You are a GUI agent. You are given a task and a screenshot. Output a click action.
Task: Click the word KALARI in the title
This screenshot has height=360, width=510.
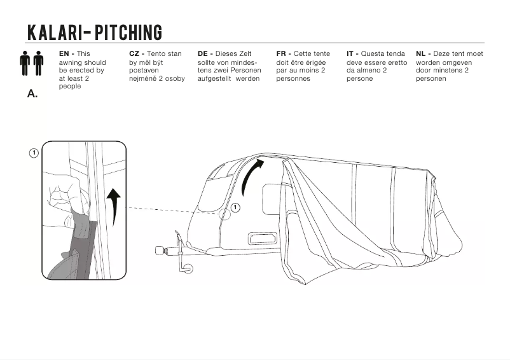(54, 32)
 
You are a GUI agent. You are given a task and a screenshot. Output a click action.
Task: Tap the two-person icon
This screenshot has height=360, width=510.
(32, 63)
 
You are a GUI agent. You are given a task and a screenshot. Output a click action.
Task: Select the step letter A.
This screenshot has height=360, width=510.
(32, 93)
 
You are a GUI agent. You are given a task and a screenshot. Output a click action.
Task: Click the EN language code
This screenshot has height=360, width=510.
(64, 54)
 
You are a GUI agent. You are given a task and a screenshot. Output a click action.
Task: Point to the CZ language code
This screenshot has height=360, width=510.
(134, 54)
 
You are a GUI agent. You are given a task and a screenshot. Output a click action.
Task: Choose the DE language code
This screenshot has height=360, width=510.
(203, 54)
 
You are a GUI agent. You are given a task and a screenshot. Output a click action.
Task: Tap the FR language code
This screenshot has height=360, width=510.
(282, 54)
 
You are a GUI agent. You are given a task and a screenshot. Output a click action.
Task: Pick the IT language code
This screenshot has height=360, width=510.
(351, 54)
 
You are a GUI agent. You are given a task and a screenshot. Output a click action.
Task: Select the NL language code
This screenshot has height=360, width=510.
(421, 54)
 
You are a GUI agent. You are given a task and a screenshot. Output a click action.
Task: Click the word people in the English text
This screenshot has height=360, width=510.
(70, 87)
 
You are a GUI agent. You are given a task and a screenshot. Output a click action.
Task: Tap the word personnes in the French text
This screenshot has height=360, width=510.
(293, 79)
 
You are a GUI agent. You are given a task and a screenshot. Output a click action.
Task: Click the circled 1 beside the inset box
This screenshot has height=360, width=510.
(34, 153)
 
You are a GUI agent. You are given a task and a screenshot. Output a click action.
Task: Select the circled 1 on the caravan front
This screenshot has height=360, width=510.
(235, 207)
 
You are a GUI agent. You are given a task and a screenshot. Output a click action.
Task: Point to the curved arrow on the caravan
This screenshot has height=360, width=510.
(256, 171)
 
